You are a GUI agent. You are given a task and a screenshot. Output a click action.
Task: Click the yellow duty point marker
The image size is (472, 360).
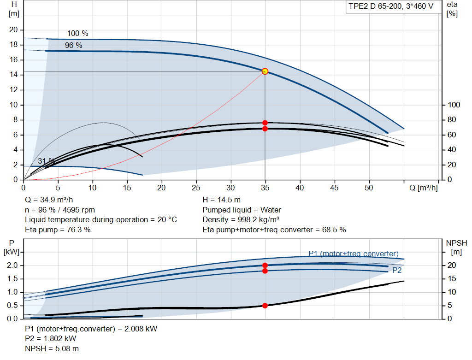coord(265,71)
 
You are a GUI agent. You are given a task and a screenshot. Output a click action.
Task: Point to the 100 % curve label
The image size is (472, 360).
coord(77,33)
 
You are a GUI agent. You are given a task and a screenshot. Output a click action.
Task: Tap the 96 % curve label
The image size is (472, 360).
coord(73,46)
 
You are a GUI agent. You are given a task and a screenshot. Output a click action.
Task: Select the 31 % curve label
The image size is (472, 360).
coord(47,161)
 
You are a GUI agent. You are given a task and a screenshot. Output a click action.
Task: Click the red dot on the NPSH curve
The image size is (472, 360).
coord(265,306)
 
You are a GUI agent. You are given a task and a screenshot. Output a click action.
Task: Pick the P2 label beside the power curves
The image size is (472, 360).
coord(397,270)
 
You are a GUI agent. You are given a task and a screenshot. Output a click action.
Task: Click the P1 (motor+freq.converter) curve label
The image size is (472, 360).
coord(354,254)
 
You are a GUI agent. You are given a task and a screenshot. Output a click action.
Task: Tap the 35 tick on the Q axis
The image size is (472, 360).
coord(265,188)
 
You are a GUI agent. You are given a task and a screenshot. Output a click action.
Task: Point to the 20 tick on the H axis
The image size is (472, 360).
coord(13,30)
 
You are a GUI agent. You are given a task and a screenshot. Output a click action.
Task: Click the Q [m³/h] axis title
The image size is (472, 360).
coord(423,188)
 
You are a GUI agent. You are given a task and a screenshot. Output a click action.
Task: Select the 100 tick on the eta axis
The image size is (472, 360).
coord(454,105)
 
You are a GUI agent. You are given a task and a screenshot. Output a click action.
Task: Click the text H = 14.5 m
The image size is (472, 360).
coord(222,200)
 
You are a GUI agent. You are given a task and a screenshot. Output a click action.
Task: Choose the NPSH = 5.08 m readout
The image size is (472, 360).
coord(52,348)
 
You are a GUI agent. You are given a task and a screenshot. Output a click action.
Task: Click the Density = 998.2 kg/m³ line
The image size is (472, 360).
coord(241,220)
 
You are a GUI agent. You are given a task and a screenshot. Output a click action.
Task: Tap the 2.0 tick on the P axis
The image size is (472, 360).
coord(12,266)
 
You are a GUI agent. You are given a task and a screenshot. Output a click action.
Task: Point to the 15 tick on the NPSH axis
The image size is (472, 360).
coord(452,279)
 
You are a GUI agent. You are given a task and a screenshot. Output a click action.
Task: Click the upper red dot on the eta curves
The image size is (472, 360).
coord(265,123)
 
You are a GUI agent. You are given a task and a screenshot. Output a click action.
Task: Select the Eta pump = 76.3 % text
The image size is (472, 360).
coord(58,230)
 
